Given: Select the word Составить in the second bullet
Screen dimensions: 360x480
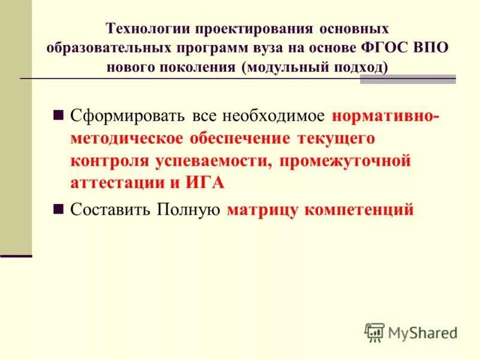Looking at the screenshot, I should pyautogui.click(x=110, y=210).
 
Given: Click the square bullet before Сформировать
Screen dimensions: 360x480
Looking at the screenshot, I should pyautogui.click(x=59, y=115).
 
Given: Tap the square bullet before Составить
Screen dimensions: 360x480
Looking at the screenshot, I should pyautogui.click(x=59, y=209).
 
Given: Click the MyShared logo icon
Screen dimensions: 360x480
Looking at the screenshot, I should pyautogui.click(x=374, y=332).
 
